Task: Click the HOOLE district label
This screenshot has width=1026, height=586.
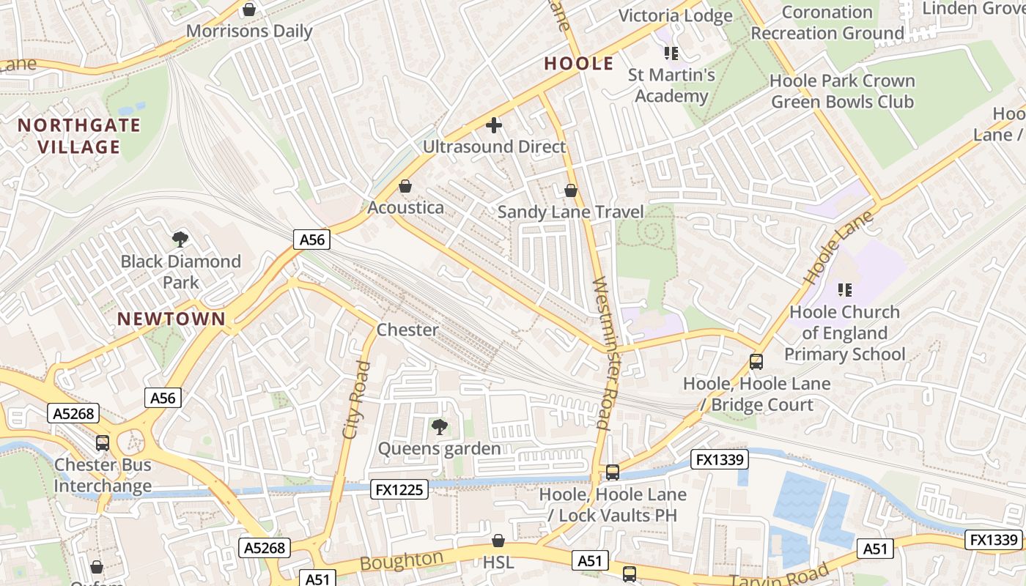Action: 578,64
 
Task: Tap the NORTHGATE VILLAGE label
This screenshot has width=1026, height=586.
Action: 78,136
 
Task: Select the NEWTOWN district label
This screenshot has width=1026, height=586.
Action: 171,319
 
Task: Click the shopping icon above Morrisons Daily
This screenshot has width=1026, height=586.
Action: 249,10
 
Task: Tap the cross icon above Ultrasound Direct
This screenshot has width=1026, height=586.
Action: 494,125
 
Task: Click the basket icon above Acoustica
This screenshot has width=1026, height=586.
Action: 405,186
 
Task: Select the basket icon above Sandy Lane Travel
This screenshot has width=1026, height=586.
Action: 571,190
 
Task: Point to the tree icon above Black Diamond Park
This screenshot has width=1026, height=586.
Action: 180,239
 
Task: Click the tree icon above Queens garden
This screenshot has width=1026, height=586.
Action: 439,426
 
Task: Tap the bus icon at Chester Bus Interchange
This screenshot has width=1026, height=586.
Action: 103,442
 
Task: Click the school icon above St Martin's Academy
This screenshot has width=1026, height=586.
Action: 671,53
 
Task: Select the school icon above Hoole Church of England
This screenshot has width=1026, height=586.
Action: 844,290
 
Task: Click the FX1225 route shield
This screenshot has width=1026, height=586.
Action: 399,489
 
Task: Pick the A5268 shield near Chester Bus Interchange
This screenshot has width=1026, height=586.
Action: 74,413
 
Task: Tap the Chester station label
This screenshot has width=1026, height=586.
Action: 407,330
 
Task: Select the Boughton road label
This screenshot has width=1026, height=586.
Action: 402,561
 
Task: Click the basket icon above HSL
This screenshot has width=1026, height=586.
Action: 498,541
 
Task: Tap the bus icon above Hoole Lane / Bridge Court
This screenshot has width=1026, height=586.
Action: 756,361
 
